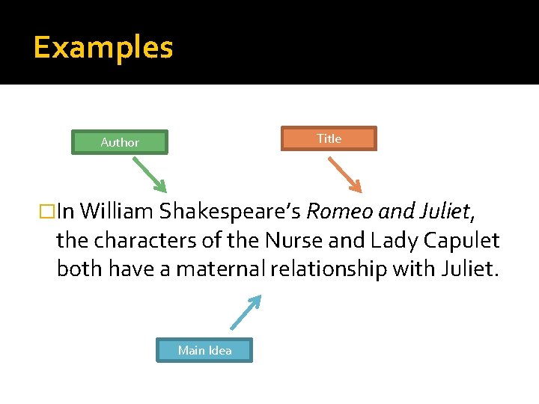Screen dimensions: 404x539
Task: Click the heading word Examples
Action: (x=103, y=48)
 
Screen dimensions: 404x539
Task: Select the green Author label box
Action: (x=120, y=142)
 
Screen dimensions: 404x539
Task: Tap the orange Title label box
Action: (x=329, y=138)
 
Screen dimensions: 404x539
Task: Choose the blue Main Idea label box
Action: (x=204, y=350)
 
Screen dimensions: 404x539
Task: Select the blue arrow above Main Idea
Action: (x=246, y=312)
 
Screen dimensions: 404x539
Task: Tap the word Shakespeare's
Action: (x=228, y=212)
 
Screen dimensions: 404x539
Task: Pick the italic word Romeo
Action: (x=340, y=212)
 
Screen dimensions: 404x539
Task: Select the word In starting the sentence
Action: (x=65, y=212)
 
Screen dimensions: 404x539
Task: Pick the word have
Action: (x=131, y=269)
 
